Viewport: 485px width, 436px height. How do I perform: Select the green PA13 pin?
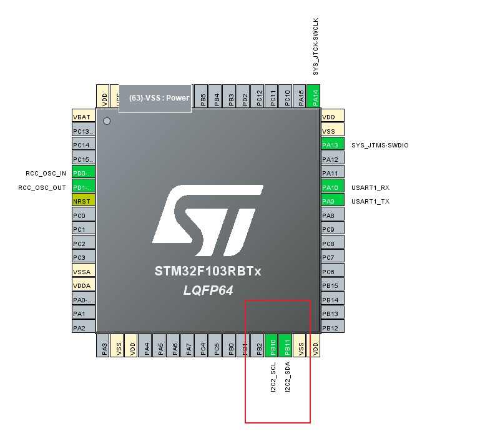[332, 145]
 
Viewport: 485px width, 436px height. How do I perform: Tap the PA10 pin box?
[332, 187]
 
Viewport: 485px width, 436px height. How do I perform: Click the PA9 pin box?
[332, 201]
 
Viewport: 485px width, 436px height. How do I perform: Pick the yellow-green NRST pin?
[83, 201]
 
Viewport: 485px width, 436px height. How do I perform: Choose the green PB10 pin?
[272, 345]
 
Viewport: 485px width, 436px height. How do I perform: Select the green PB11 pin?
[287, 345]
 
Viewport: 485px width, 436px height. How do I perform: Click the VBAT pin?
[83, 117]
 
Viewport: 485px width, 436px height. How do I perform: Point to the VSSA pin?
[83, 272]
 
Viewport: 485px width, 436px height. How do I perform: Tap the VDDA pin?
[83, 285]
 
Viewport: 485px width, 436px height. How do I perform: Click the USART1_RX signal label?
[370, 187]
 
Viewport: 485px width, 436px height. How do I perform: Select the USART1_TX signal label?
[370, 201]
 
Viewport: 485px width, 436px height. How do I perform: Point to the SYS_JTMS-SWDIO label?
[380, 145]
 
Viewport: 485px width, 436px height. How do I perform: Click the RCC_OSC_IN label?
[46, 173]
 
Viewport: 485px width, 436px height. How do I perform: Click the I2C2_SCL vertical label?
[273, 376]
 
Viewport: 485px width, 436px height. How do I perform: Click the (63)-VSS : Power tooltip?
[155, 98]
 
